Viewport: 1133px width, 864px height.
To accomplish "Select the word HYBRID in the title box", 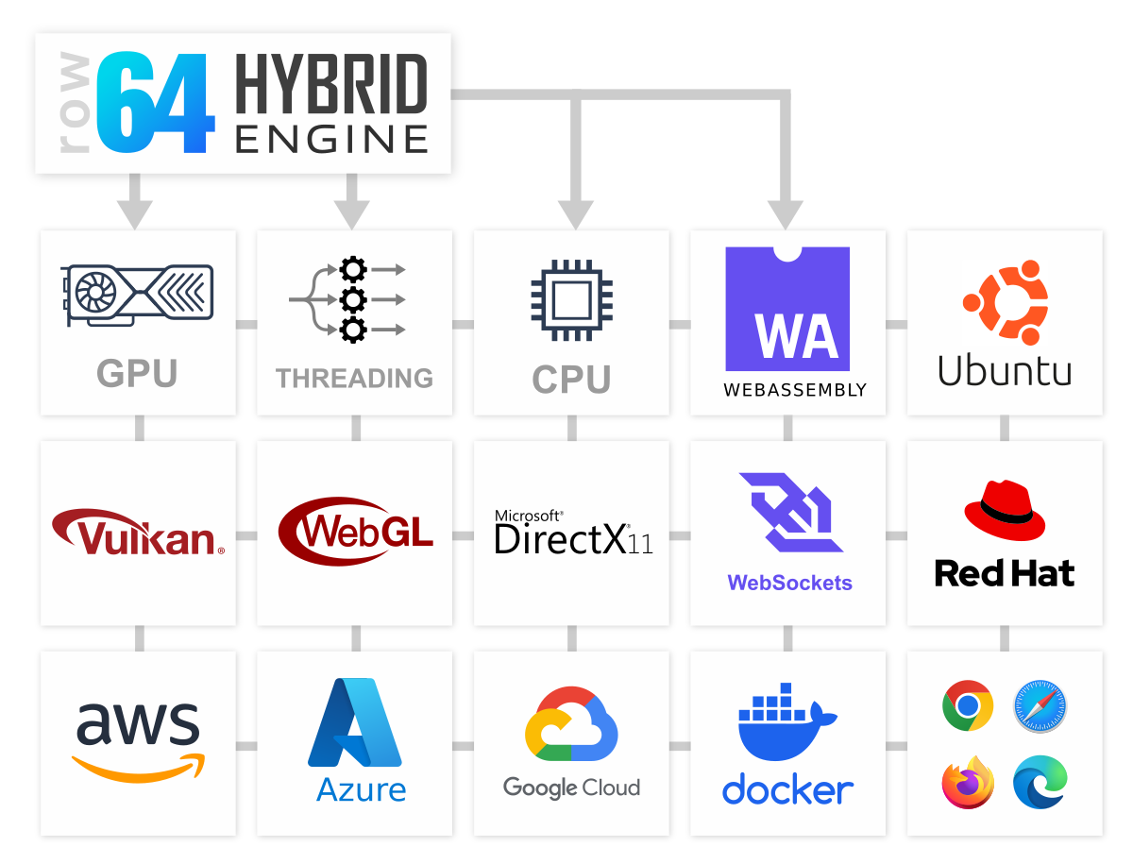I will [330, 84].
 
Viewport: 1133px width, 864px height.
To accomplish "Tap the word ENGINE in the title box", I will [330, 140].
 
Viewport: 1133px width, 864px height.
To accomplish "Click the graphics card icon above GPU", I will [138, 294].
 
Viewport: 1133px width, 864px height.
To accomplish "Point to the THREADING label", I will [354, 379].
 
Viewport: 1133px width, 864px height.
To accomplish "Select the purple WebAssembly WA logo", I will [787, 309].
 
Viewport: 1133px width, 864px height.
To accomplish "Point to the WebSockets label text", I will [789, 583].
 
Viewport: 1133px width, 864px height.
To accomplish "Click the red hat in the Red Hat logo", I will [1005, 511].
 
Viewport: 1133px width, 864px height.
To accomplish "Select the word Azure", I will [362, 789].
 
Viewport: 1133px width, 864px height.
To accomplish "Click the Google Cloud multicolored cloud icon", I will [571, 725].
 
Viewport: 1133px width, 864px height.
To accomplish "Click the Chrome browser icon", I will [968, 705].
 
